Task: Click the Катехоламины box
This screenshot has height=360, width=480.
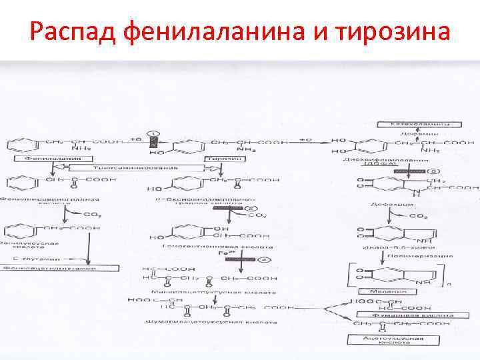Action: [x=418, y=125]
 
